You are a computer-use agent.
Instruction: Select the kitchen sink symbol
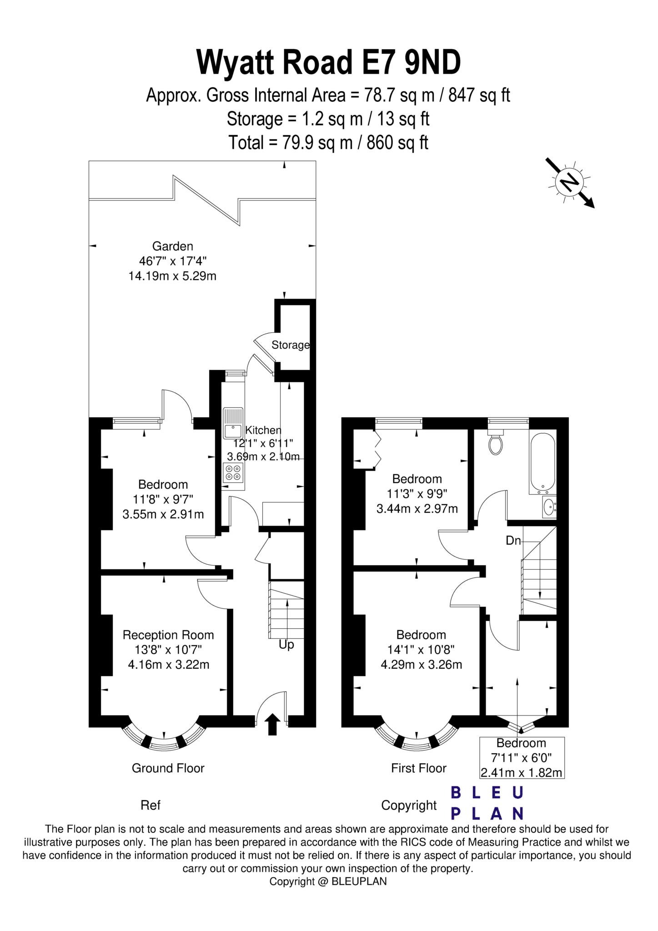[233, 423]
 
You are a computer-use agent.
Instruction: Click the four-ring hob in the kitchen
[233, 473]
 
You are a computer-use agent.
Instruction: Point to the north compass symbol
[570, 182]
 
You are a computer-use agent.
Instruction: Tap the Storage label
[290, 345]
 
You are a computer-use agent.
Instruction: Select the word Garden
[172, 246]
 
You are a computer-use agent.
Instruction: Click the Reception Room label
[168, 635]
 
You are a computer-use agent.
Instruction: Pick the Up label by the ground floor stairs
[286, 645]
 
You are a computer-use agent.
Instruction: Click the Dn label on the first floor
[513, 541]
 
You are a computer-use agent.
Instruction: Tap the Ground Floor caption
[168, 768]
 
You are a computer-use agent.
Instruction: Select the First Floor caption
[419, 768]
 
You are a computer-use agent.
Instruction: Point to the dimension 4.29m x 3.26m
[421, 665]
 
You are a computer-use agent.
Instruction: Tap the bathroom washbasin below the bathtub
[549, 506]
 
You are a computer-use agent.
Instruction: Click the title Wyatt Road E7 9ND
[328, 63]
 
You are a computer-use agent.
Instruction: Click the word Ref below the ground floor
[151, 806]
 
